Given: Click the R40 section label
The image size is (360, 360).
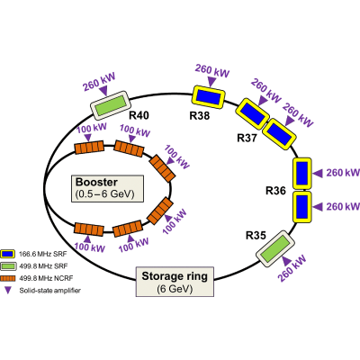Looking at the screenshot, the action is [x=139, y=115].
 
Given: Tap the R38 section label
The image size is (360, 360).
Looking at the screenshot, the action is [x=200, y=115].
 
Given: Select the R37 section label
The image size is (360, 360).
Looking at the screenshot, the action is [x=247, y=138].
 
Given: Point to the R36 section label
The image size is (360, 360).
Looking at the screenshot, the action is [x=275, y=191].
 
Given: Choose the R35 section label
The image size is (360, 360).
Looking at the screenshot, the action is [x=256, y=236].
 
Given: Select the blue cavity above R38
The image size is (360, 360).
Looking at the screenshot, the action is [x=209, y=97].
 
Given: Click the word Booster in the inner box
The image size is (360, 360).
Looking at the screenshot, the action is [x=96, y=182].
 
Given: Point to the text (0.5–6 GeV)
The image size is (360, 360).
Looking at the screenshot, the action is [x=104, y=194].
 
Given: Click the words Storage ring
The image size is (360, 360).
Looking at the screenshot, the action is [x=175, y=276].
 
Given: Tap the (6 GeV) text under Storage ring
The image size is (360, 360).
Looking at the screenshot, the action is [x=175, y=289].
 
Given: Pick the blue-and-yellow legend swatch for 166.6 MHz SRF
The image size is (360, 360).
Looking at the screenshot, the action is [x=7, y=254].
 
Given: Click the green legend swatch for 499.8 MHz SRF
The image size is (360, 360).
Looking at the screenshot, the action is [x=7, y=266].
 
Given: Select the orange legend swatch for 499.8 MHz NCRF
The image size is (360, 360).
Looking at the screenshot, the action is [x=7, y=278].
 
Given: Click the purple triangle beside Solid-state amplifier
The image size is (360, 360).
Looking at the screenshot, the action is [x=8, y=290].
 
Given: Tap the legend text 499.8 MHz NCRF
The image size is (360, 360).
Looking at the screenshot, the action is [x=46, y=278].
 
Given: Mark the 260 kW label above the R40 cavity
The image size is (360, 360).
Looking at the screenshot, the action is [x=99, y=82].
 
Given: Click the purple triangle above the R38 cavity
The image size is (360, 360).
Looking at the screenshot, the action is [x=212, y=81].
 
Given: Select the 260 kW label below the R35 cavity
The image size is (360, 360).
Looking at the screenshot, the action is [x=292, y=268].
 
